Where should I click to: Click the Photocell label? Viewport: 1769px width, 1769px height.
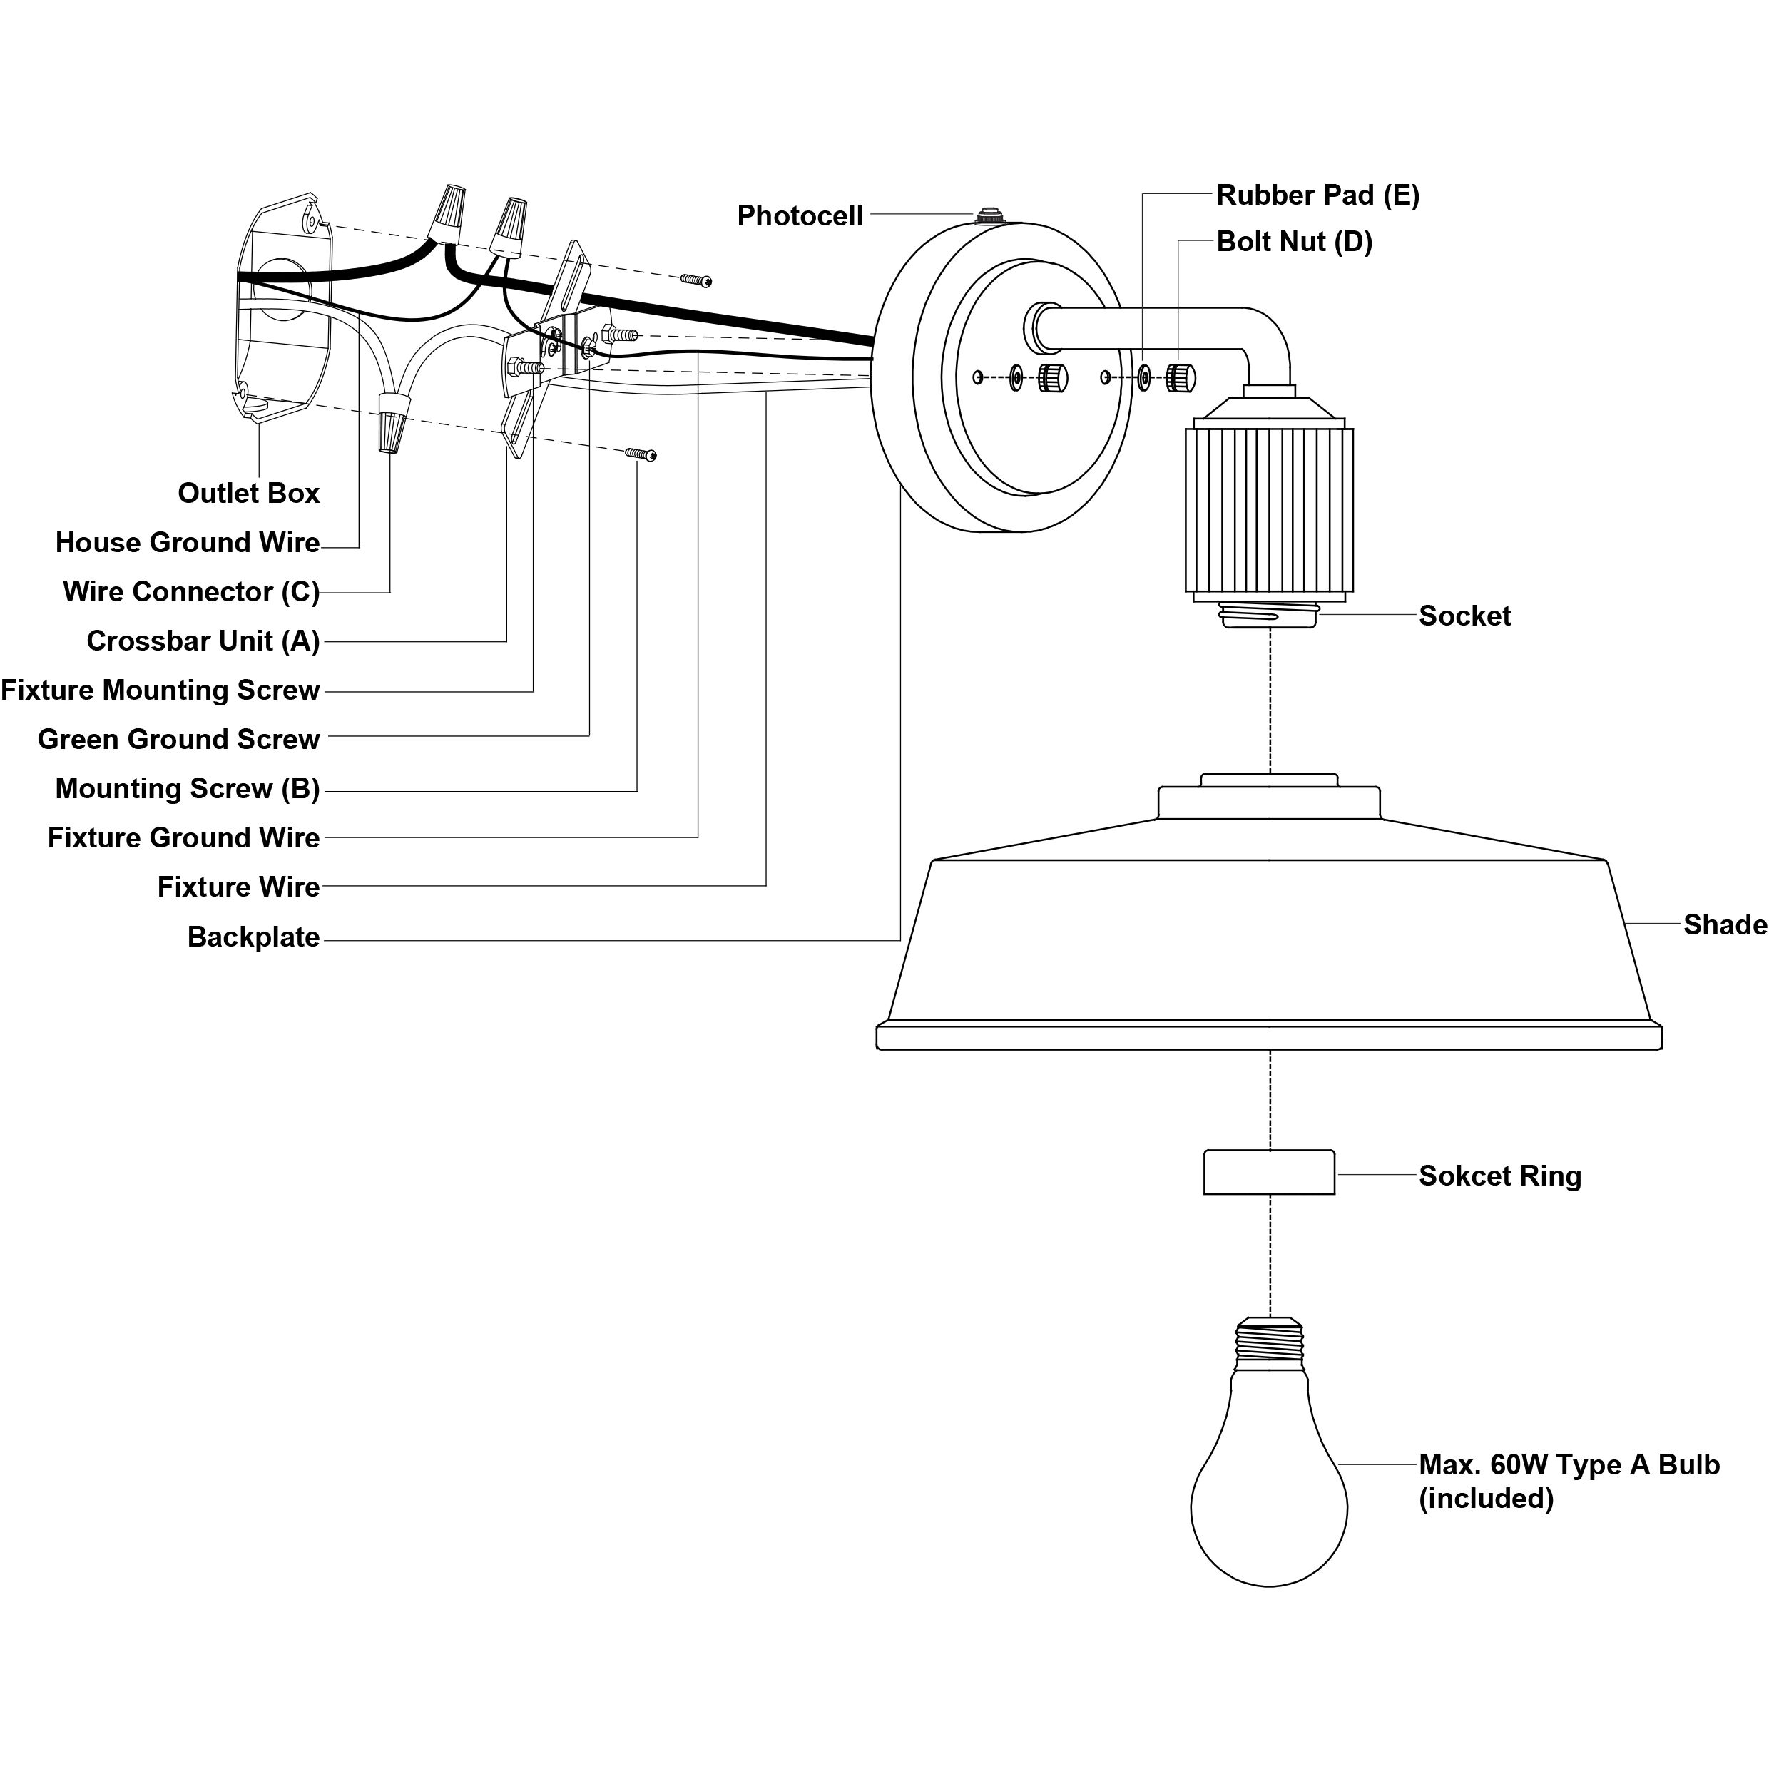pos(800,216)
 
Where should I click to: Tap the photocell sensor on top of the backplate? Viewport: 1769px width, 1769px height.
pos(988,216)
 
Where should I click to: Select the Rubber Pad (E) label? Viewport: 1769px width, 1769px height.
pos(1317,195)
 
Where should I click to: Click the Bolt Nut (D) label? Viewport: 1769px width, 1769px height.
pos(1294,242)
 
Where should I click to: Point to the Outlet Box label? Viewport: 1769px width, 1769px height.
pos(248,494)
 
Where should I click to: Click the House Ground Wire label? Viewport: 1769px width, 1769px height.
pos(188,542)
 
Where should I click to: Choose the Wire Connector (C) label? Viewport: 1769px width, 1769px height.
pos(191,591)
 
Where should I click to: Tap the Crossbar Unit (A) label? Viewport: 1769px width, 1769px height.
pos(203,641)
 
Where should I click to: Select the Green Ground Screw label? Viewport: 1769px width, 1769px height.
pos(178,739)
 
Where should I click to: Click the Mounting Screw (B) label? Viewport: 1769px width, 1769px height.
pos(188,788)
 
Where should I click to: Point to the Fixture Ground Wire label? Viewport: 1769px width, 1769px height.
pos(183,838)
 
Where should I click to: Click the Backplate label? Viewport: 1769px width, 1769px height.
pos(254,937)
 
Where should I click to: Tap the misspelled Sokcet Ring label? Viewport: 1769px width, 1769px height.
pos(1500,1176)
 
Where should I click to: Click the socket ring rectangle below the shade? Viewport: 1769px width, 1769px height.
pos(1269,1172)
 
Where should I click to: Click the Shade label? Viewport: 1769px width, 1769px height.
pos(1724,924)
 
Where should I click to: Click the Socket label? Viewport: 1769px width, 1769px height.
pos(1465,616)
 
